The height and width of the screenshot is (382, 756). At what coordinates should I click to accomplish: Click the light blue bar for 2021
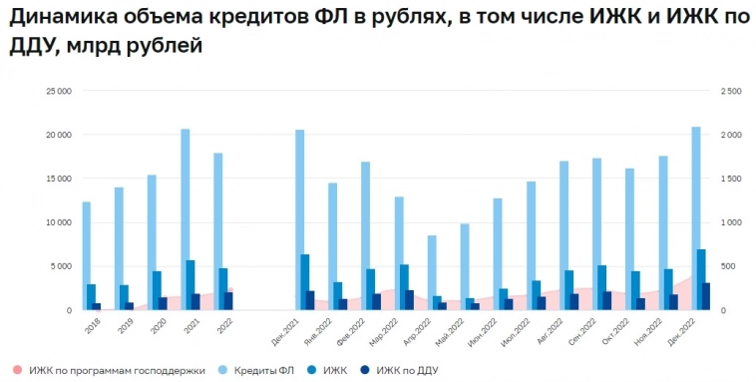186,219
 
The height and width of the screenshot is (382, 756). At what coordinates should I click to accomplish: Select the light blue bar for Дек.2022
695,218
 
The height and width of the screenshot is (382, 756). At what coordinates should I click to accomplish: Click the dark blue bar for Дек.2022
706,296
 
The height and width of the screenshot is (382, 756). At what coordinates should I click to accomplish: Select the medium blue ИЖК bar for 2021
190,284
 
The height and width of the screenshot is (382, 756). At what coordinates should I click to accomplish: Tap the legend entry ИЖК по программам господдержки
116,370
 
